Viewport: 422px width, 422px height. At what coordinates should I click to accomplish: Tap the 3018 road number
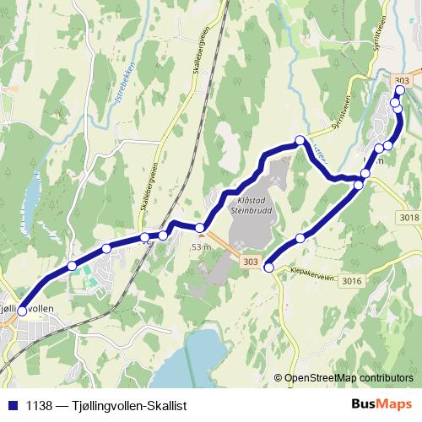point(408,218)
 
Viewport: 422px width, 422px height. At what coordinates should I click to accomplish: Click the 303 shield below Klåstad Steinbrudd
point(249,262)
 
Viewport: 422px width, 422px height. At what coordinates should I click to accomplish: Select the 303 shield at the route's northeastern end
point(403,78)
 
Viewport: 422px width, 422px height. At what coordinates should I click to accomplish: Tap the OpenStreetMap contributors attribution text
point(349,378)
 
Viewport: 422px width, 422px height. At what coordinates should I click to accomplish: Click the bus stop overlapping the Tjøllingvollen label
point(21,311)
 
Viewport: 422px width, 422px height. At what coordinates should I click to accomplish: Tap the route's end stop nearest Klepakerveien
point(269,268)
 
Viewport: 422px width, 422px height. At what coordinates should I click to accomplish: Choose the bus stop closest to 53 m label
point(200,227)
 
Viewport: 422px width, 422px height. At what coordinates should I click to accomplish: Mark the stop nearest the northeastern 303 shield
point(400,91)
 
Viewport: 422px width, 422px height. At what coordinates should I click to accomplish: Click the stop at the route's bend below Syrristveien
point(300,139)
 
